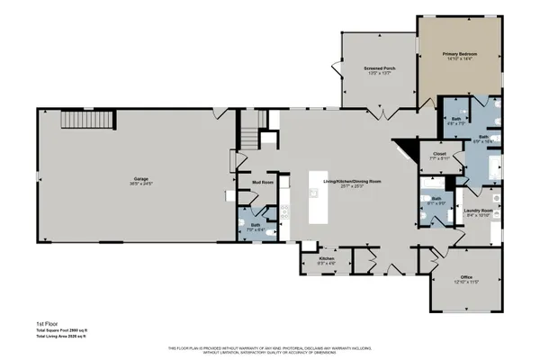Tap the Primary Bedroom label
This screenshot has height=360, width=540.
[459, 55]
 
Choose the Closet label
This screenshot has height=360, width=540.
[439, 154]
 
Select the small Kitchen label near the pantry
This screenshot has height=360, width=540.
[327, 258]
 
